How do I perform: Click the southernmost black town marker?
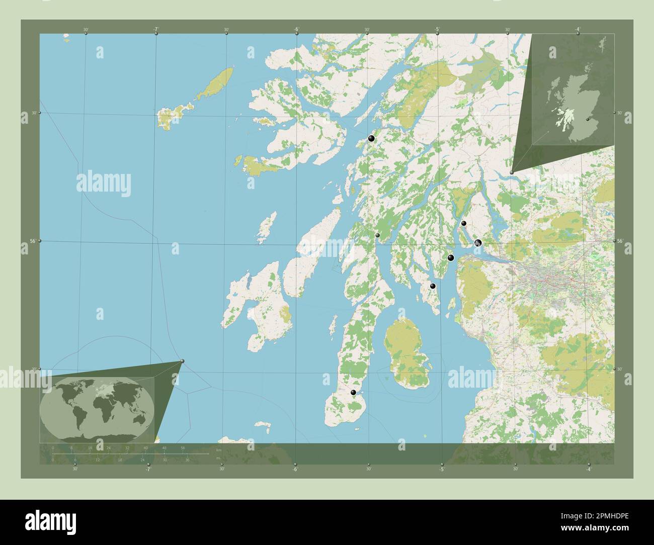tap(354, 393)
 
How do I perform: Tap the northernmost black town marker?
tap(371, 138)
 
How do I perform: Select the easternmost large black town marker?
tap(478, 243)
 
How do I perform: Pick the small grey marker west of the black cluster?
tap(377, 235)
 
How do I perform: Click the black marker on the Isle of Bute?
tap(432, 286)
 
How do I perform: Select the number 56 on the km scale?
tap(183, 447)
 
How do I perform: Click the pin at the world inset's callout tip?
tap(183, 361)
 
